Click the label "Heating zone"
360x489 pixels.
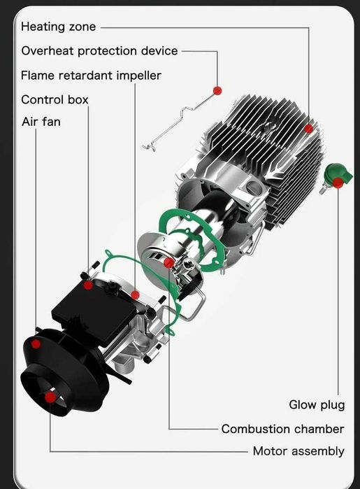pyautogui.click(x=59, y=27)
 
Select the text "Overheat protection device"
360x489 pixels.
pyautogui.click(x=99, y=50)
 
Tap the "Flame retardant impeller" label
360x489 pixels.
pyautogui.click(x=91, y=75)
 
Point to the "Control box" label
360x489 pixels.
pyautogui.click(x=55, y=99)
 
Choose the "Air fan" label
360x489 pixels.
pyautogui.click(x=41, y=122)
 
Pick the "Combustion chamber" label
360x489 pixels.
pyautogui.click(x=282, y=428)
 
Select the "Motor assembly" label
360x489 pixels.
pyautogui.click(x=298, y=451)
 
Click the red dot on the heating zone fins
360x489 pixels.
pyautogui.click(x=308, y=129)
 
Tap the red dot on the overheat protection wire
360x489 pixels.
pyautogui.click(x=217, y=90)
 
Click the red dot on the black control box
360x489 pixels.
pyautogui.click(x=88, y=285)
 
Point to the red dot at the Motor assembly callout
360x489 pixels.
pyautogui.click(x=50, y=397)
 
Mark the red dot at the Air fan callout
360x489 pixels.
pyautogui.click(x=36, y=343)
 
